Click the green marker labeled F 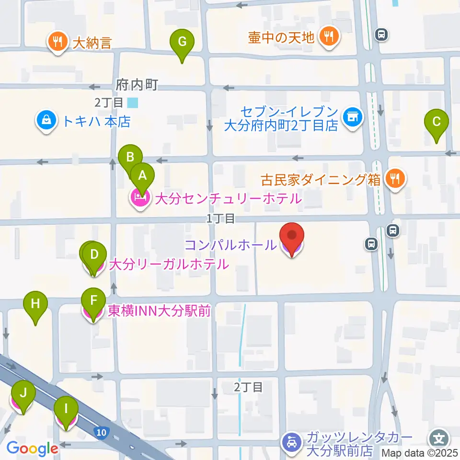[93, 302]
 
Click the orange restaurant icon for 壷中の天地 [329, 37]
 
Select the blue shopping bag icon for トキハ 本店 [46, 121]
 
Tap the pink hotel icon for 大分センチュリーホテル [140, 198]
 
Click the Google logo [33, 449]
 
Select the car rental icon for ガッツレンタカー [292, 443]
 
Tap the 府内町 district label [137, 85]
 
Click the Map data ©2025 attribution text [420, 453]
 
